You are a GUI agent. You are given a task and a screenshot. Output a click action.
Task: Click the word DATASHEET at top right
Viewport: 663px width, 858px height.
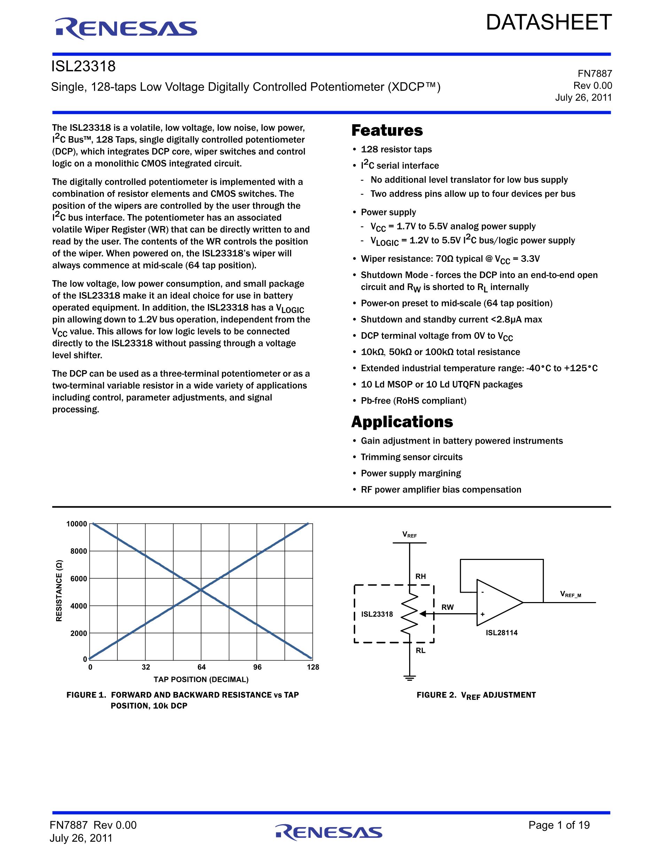tap(549, 22)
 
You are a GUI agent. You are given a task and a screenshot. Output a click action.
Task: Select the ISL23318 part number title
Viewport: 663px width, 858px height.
tap(84, 67)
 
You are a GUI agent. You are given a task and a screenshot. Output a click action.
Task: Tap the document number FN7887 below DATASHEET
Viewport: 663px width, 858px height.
tap(595, 73)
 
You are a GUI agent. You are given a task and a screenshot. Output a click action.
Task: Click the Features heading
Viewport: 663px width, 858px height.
tap(387, 131)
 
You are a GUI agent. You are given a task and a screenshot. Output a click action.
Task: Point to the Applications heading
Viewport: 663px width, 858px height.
tap(402, 422)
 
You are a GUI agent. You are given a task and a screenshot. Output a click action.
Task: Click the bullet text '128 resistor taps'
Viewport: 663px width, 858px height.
tap(396, 149)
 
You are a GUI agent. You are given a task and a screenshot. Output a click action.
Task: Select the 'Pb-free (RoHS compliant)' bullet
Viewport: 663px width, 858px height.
tap(413, 401)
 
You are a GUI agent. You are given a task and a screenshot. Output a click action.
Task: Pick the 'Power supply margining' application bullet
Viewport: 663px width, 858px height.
tap(411, 473)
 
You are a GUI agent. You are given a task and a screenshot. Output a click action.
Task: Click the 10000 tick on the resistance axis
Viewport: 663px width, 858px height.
tap(77, 524)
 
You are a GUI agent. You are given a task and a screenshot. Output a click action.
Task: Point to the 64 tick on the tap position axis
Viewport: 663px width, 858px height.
tap(202, 667)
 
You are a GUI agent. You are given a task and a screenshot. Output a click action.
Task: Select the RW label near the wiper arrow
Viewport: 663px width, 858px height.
tap(447, 607)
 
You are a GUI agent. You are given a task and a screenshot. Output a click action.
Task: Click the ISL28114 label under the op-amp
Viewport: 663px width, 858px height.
tap(501, 633)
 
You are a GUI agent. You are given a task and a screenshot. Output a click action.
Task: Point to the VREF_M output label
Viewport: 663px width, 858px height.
tap(570, 594)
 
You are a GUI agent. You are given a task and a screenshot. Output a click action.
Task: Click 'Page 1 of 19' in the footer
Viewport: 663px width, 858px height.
tap(559, 825)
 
